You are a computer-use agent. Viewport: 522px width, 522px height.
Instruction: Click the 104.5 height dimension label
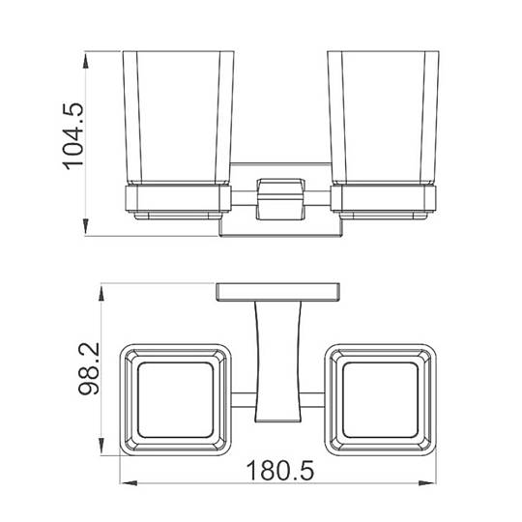click(73, 136)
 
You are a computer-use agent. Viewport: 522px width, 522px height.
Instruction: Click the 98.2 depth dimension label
click(89, 368)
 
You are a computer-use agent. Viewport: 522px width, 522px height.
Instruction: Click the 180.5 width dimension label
click(280, 471)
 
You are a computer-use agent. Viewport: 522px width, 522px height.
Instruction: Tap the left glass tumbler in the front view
click(179, 117)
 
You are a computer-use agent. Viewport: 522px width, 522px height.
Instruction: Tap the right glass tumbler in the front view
click(383, 117)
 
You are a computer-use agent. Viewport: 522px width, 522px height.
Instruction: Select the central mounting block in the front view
click(280, 199)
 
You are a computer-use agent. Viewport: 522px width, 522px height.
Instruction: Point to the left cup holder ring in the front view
click(178, 199)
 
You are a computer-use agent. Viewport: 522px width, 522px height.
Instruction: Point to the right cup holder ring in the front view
click(383, 199)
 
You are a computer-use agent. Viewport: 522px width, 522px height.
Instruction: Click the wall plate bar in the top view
click(278, 292)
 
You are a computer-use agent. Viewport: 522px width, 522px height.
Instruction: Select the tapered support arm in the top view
click(279, 362)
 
